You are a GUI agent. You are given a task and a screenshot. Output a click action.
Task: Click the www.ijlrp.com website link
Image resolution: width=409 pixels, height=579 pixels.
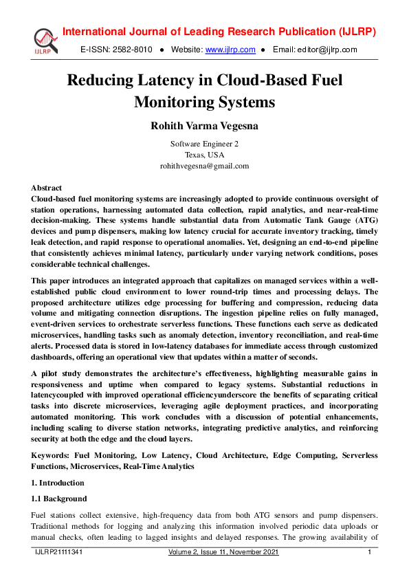(x=230, y=50)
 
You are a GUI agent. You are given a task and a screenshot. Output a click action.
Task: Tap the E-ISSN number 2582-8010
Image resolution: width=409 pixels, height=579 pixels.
(x=130, y=50)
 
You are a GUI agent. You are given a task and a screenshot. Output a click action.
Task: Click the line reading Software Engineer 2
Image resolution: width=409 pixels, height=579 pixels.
(x=204, y=144)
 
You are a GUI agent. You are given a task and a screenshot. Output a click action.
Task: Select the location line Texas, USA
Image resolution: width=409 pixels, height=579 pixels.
(x=204, y=155)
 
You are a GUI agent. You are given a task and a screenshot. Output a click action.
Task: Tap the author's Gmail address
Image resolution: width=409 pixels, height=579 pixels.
(x=204, y=166)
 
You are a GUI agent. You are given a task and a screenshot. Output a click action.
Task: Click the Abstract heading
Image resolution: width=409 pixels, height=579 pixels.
(x=46, y=188)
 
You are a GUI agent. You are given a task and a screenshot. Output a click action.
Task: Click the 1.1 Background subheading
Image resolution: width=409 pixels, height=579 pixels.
(x=59, y=498)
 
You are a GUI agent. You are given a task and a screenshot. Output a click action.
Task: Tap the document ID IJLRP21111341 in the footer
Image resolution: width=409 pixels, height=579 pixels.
(x=60, y=553)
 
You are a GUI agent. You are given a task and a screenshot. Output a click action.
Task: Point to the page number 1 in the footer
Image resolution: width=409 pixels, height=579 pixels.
(x=370, y=553)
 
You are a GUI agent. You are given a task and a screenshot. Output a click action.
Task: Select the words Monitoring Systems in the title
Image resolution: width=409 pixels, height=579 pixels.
(x=204, y=102)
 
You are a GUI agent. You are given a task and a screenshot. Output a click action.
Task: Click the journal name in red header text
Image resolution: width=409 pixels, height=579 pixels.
(x=219, y=32)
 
